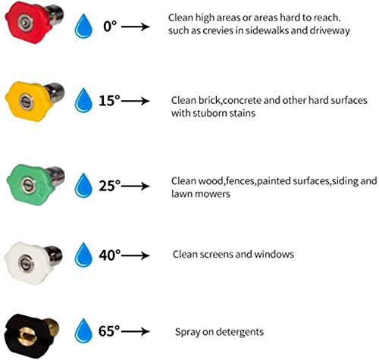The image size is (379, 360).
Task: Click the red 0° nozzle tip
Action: pos(33,22)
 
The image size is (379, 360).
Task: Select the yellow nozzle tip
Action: pos(35,101)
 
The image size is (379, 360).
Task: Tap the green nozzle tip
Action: pos(36,184)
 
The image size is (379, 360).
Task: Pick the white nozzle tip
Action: pos(33,263)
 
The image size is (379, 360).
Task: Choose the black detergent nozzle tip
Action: pos(32,336)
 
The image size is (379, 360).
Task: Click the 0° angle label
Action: pos(110,26)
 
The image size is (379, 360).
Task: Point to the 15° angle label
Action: pos(109,101)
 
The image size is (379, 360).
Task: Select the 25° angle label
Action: pos(110,186)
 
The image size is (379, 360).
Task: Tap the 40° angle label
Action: pos(110,255)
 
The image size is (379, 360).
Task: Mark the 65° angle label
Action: pos(109,331)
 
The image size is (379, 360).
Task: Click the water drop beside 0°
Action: pos(83,26)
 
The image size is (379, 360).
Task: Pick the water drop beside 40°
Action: pos(83,255)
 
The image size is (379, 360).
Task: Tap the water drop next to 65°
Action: pos(83,331)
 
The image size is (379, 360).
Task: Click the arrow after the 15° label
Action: pos(136,101)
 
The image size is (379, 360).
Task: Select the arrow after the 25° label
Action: pos(136,186)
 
